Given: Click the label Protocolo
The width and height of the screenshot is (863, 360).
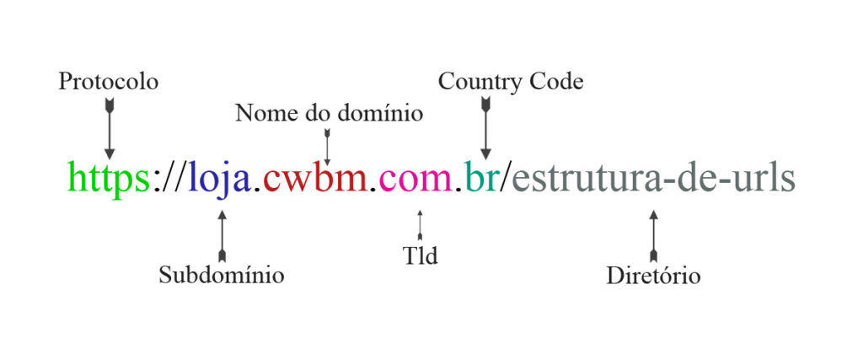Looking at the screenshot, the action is (x=109, y=82).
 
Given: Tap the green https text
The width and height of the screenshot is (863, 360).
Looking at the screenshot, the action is (x=109, y=177).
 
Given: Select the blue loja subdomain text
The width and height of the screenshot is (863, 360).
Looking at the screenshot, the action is (x=220, y=180).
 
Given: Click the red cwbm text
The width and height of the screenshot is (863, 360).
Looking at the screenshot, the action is (x=315, y=177).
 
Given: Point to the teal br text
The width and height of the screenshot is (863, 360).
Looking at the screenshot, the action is (x=482, y=177).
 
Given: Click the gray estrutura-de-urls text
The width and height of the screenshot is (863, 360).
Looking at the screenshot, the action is (x=653, y=177).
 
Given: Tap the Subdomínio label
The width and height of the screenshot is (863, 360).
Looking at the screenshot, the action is (x=222, y=275).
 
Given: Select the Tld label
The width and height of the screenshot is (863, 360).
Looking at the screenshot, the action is (x=420, y=255).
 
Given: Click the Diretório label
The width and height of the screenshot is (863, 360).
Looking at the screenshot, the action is (x=653, y=275).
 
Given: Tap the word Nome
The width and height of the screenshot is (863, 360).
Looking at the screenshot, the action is (x=261, y=113).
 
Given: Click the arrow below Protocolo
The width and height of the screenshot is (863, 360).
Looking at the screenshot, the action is (x=110, y=129).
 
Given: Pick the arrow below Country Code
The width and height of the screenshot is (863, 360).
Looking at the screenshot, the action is (x=485, y=129).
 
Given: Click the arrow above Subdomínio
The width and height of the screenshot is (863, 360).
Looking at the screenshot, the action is (x=222, y=235).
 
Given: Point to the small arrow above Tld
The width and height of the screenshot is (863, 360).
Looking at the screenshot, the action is (x=420, y=226).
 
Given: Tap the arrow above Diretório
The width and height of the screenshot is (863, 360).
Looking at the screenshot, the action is (x=654, y=235).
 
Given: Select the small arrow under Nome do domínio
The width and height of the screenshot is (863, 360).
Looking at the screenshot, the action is (x=328, y=147).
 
